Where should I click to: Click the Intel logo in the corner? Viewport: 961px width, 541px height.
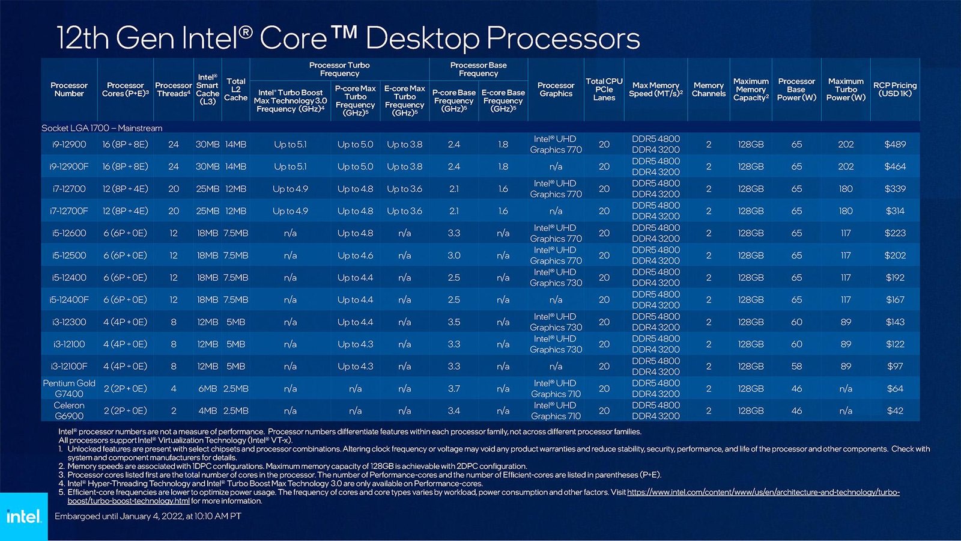point(23,516)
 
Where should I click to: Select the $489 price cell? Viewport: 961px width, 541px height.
point(895,144)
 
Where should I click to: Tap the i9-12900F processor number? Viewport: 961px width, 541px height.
point(69,167)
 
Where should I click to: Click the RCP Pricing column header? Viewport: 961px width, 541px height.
point(895,90)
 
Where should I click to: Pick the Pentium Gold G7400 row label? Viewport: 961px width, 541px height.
point(69,388)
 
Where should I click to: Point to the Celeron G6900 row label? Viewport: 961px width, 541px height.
point(69,411)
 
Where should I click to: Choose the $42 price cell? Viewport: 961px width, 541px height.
point(895,411)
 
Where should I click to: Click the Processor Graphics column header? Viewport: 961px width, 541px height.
point(556,90)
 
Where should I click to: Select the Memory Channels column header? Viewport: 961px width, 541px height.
point(709,90)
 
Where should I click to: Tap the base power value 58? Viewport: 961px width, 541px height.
point(796,366)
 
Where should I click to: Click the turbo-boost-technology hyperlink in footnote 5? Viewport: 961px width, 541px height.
point(763,492)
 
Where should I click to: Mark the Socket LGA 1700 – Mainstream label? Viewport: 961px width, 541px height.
point(102,128)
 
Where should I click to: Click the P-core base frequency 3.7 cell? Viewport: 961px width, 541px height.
point(454,388)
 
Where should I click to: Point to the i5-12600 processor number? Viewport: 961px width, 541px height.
point(69,233)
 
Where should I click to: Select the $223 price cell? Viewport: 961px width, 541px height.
point(895,233)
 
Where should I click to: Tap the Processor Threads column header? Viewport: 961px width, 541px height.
point(173,90)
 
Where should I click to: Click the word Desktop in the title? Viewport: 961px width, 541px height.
point(422,38)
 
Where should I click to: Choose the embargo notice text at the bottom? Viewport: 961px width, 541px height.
point(148,516)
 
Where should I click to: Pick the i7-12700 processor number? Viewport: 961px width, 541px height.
point(69,189)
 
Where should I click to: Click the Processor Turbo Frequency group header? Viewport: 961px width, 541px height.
point(339,69)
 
